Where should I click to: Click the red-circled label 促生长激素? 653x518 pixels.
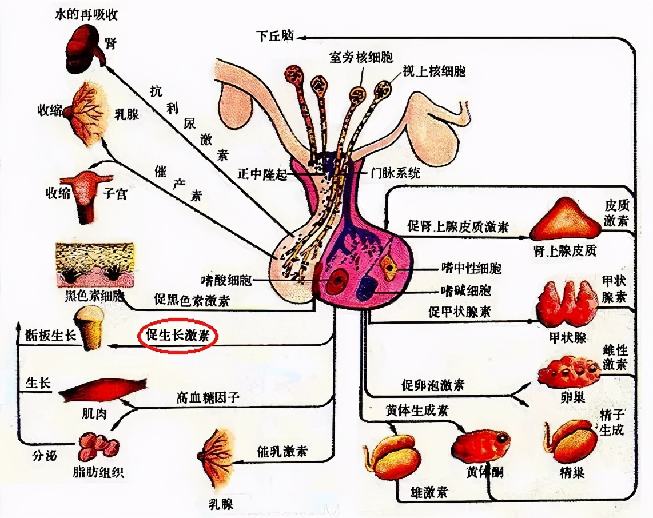pos(178,337)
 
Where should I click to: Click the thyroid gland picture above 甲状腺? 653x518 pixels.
pos(566,304)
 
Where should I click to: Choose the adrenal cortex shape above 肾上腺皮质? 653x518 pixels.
pos(566,220)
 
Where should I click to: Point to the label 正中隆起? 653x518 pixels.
pos(265,172)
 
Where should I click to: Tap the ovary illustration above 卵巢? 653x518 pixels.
pos(568,372)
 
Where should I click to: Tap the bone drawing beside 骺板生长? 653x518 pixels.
pos(91,328)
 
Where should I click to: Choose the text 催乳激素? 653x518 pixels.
pos(282,451)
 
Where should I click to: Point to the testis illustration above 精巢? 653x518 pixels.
pos(570,441)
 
